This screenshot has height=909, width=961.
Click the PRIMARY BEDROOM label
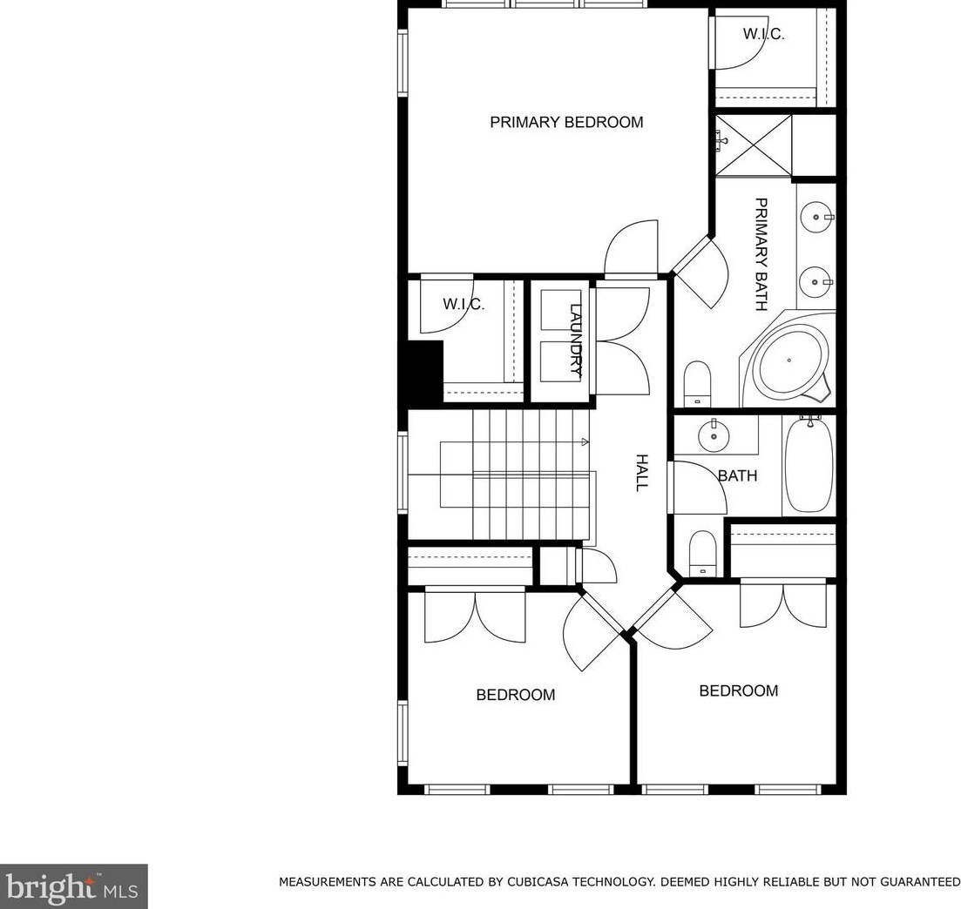click(x=566, y=122)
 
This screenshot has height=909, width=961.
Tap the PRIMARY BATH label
click(x=761, y=254)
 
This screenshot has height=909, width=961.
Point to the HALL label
click(x=641, y=472)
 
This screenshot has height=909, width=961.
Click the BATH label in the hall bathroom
click(x=737, y=475)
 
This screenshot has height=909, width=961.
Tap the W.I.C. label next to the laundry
click(x=464, y=304)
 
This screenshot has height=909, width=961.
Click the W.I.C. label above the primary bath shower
click(x=763, y=34)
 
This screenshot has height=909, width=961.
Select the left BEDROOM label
click(x=516, y=695)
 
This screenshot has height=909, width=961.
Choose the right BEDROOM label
click(x=739, y=691)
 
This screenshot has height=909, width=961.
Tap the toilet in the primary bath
click(x=697, y=383)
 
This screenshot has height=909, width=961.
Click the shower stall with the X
click(x=754, y=145)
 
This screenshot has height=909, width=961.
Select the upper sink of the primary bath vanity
click(x=815, y=217)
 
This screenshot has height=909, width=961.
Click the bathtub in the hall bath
click(x=809, y=464)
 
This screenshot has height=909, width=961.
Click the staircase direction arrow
click(x=584, y=441)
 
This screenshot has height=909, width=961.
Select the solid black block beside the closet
click(x=424, y=373)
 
